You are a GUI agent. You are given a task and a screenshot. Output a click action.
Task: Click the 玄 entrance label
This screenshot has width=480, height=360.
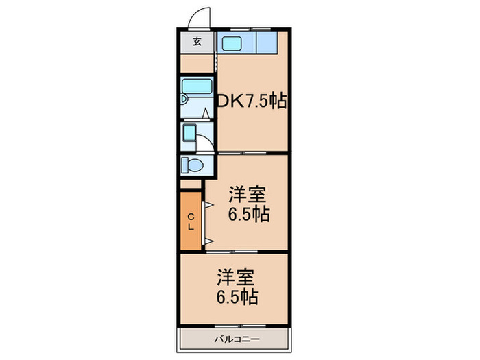pyautogui.click(x=197, y=42)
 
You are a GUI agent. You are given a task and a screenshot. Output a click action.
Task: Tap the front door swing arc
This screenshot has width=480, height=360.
pyautogui.click(x=200, y=16)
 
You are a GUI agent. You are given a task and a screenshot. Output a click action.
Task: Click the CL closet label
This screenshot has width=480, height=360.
pyautogui.click(x=191, y=220)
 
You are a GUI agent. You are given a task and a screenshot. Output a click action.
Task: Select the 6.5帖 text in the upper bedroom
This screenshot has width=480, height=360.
pyautogui.click(x=248, y=214)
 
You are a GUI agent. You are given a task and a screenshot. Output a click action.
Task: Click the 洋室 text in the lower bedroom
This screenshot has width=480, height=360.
pyautogui.click(x=237, y=278)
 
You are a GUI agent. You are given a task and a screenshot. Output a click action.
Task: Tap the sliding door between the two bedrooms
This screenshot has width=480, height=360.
pyautogui.click(x=233, y=252)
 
